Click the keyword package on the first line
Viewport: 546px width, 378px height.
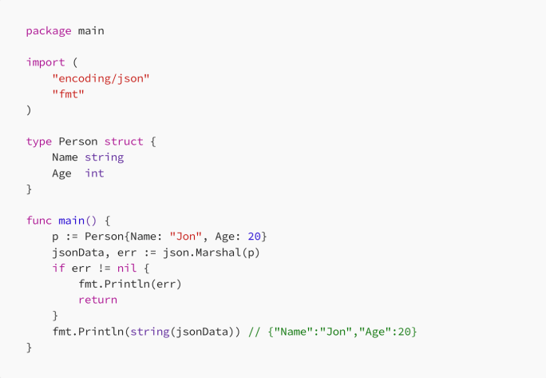click(48, 30)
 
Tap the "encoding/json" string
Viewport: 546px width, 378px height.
click(101, 78)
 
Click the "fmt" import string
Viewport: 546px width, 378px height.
click(68, 94)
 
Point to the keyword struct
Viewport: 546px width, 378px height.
click(124, 141)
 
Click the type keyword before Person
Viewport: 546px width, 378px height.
click(38, 141)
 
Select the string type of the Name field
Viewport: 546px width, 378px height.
click(104, 157)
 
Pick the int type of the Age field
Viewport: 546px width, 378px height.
click(94, 173)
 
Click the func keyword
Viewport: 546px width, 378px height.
click(38, 221)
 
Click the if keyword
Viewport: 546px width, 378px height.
click(58, 268)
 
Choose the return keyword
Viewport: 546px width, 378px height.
click(97, 300)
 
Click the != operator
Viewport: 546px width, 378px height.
click(104, 268)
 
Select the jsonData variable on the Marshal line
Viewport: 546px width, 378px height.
click(77, 253)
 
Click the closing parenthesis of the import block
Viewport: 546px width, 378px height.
click(29, 109)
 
